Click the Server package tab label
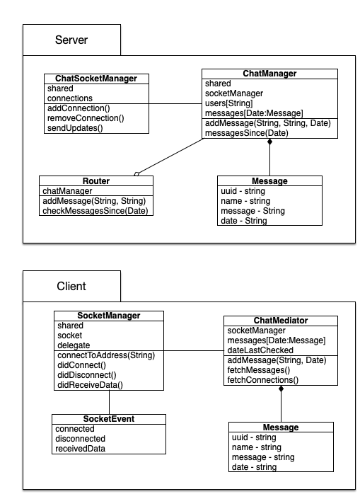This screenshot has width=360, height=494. click(71, 40)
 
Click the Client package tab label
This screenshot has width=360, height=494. click(71, 286)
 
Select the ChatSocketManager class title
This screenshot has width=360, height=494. click(96, 79)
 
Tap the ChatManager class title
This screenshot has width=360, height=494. click(269, 74)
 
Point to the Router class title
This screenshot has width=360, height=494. click(96, 181)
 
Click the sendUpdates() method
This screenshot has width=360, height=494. click(75, 128)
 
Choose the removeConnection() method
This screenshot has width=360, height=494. click(86, 118)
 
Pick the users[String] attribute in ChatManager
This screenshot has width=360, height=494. click(229, 103)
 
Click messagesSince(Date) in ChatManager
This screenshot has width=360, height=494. click(247, 133)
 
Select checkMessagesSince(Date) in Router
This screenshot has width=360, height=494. click(95, 211)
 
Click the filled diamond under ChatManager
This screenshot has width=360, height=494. click(269, 142)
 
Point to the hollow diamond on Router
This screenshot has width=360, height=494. click(137, 174)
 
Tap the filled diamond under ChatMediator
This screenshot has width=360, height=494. click(281, 389)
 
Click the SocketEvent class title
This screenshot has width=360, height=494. click(109, 419)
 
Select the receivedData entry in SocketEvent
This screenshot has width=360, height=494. click(81, 449)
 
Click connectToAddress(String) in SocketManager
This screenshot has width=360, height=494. click(106, 355)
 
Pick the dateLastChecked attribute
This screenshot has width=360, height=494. click(260, 350)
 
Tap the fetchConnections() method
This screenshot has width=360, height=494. click(262, 380)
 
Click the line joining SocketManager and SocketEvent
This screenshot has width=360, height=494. click(110, 402)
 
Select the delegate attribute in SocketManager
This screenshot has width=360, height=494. click(74, 345)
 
